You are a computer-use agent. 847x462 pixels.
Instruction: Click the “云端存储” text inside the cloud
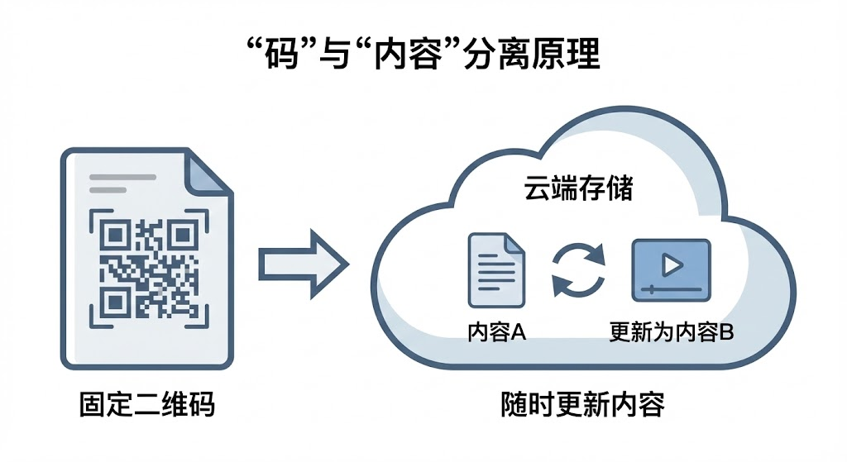(x=578, y=189)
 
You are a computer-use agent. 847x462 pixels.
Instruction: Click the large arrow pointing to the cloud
(x=302, y=264)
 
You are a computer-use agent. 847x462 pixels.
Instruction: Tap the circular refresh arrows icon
(x=579, y=269)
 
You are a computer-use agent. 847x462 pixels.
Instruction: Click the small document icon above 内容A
(x=496, y=269)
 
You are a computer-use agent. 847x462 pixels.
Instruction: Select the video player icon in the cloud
(x=671, y=269)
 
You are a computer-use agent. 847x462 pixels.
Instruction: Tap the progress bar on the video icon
(x=671, y=290)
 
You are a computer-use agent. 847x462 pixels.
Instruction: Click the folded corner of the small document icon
(x=515, y=244)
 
